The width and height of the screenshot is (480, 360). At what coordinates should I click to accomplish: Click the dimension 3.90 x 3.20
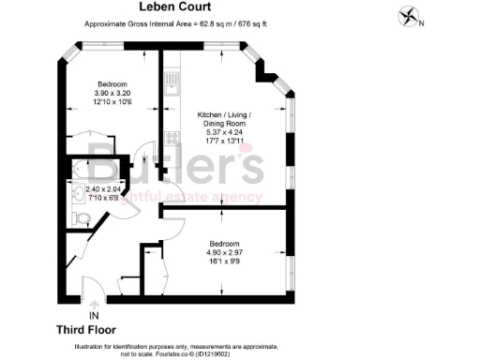[x=112, y=92]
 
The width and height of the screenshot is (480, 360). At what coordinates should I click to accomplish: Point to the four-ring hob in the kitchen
[x=172, y=138]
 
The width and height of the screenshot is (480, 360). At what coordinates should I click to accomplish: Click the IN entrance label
[x=93, y=316]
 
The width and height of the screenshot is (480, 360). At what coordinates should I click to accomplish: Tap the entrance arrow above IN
[x=93, y=305]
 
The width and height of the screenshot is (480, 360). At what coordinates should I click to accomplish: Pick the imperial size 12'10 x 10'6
[x=112, y=100]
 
